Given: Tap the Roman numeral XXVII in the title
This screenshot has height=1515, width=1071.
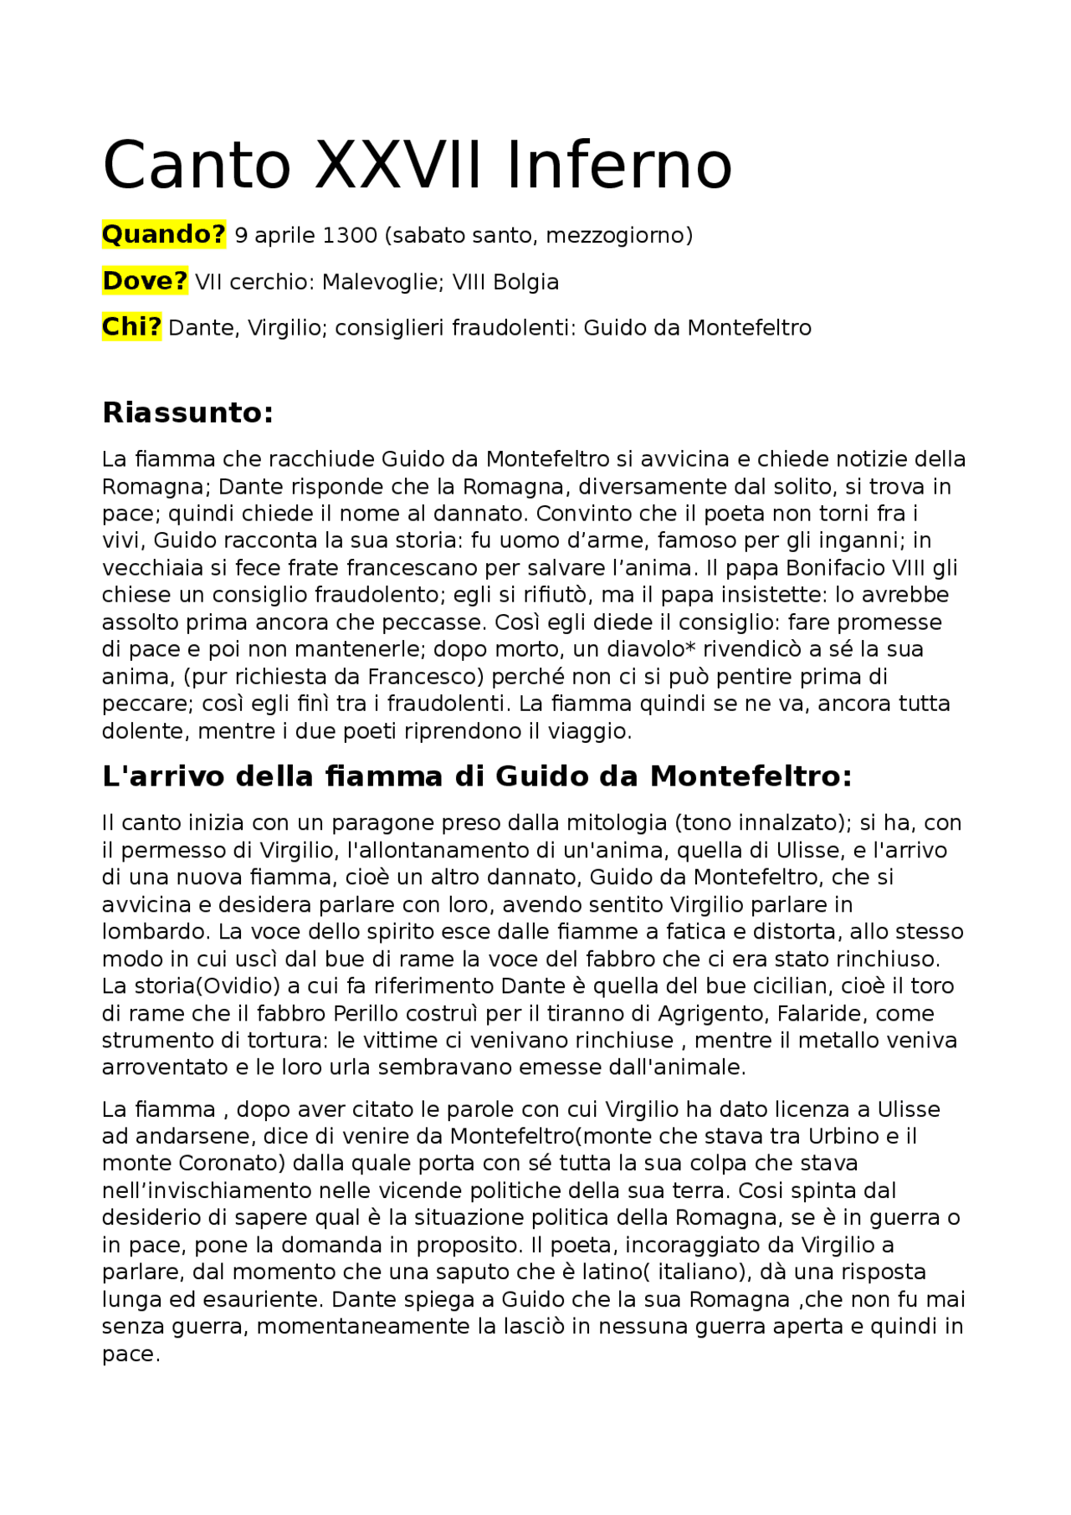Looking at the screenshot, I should (398, 166).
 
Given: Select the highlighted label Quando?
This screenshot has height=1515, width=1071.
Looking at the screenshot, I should (164, 235).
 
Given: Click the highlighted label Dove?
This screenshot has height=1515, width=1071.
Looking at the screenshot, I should (145, 281).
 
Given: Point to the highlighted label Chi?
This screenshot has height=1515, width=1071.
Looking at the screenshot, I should (131, 327).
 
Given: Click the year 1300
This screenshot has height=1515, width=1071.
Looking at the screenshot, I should (350, 236).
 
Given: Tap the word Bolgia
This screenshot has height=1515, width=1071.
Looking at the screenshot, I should (525, 282).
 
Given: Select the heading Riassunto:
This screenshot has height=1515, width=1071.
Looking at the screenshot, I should (188, 412).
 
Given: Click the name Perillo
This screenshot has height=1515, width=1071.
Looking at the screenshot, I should (365, 1013).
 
